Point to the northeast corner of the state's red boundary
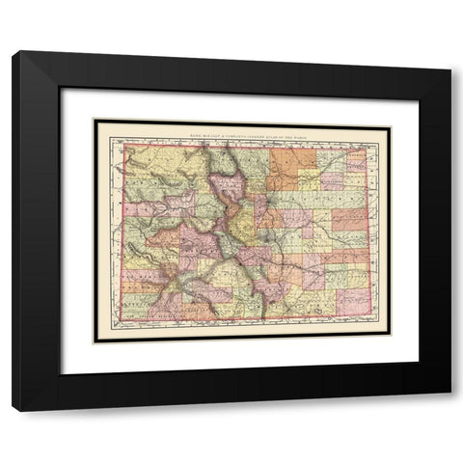click(368, 147)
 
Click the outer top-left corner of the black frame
click(13, 50)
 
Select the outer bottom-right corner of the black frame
click(450, 412)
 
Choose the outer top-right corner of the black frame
click(450, 50)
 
